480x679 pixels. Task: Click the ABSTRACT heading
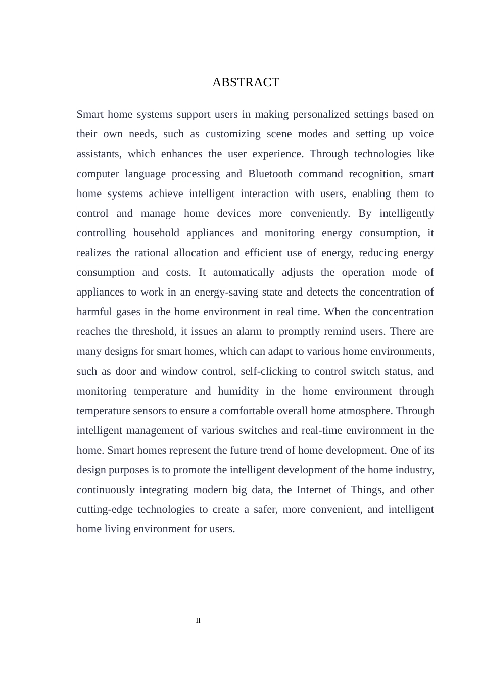246,83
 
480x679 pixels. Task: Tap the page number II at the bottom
198,621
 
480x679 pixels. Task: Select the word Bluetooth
270,174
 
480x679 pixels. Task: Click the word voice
421,134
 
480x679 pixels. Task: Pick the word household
156,233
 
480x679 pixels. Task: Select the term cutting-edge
104,510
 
